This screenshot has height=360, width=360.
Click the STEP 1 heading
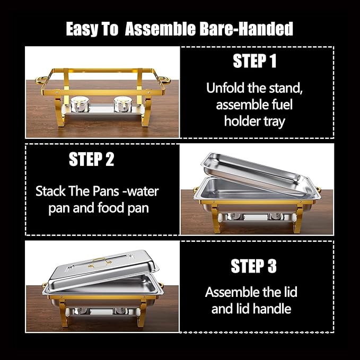(x=254, y=62)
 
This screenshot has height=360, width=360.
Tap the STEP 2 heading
(x=91, y=160)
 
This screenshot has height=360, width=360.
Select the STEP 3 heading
(x=253, y=266)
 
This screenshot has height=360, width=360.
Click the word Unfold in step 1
(x=226, y=87)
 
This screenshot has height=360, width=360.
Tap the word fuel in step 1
(x=280, y=104)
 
